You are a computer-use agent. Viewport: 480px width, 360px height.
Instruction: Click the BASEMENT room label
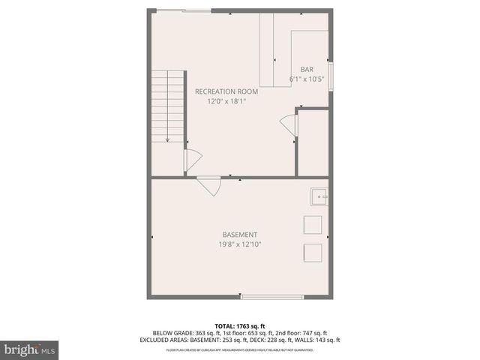click(240, 234)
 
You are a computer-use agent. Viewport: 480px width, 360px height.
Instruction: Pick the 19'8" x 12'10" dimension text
click(240, 244)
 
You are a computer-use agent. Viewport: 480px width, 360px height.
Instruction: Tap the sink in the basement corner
click(319, 196)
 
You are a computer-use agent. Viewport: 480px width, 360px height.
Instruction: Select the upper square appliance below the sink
click(312, 224)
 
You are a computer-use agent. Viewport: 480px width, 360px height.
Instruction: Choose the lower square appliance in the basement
click(312, 251)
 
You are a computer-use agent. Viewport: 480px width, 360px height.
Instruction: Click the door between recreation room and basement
click(209, 184)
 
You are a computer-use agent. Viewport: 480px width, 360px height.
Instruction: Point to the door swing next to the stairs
click(193, 160)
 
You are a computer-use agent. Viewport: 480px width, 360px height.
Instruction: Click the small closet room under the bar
click(313, 142)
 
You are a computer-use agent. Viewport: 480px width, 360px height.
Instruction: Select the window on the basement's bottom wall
click(272, 297)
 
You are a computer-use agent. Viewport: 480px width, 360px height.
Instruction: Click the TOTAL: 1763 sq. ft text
click(240, 325)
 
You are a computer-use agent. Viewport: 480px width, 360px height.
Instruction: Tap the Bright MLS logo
click(30, 349)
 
